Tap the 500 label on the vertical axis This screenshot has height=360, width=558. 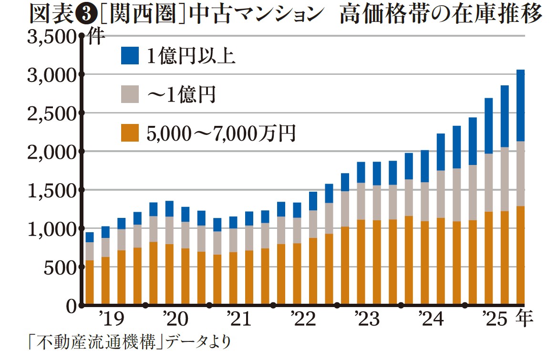tap(61, 268)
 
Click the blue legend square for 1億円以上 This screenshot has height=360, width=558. tap(130, 56)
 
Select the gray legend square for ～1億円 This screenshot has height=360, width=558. tap(130, 94)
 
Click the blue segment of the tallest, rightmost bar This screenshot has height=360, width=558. tap(520, 105)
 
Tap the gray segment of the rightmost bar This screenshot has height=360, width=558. tap(520, 174)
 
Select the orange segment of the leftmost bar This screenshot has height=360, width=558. tap(89, 282)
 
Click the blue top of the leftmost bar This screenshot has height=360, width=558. tap(89, 237)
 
